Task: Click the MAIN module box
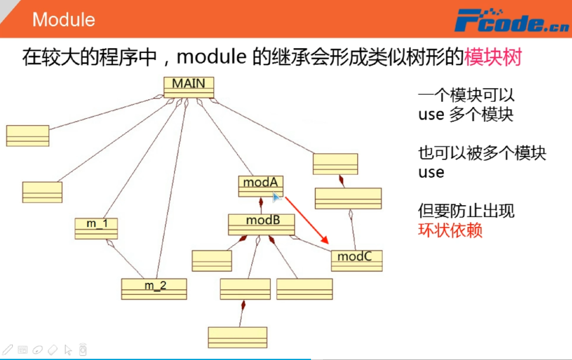189,87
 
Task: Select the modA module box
261,186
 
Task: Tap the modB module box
261,224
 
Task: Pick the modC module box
357,260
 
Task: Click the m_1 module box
96,228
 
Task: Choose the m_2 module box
154,289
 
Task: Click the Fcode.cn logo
511,21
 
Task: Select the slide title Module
63,19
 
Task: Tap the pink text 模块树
493,57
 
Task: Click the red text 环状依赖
450,230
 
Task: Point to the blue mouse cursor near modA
276,196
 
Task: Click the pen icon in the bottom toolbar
8,350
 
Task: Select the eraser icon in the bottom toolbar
52,350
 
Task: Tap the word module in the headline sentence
211,57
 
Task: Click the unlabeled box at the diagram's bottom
237,337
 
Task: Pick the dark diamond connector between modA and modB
261,203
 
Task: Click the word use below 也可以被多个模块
431,172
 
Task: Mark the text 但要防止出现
466,211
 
